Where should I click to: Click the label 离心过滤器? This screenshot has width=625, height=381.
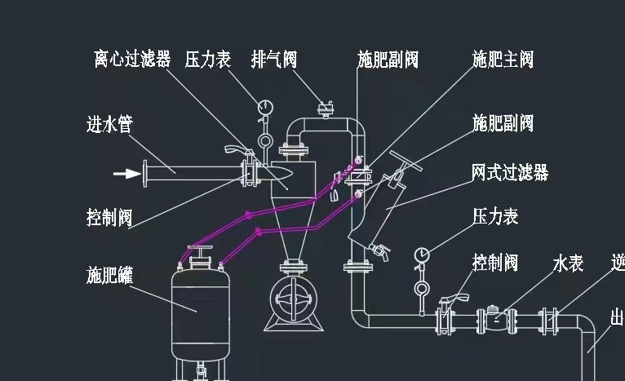pos(131,59)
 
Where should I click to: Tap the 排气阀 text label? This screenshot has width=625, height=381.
pos(274,59)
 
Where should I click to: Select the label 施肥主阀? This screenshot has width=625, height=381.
pos(503,59)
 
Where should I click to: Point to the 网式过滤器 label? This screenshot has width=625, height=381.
pos(510,172)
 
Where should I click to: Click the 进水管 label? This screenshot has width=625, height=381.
pos(109,124)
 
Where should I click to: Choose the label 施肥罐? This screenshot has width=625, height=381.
pos(109,274)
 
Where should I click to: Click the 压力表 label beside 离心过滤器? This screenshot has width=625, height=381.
pos(208,59)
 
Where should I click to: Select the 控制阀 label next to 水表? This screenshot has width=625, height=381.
pos(495,263)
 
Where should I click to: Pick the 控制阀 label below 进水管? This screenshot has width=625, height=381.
pos(109,218)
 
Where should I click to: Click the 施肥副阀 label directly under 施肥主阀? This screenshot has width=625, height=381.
pos(503,123)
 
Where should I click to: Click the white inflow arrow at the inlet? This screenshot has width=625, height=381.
pos(126,173)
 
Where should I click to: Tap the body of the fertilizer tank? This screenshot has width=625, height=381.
pos(197,311)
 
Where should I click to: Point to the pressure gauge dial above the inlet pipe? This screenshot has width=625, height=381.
pos(264,106)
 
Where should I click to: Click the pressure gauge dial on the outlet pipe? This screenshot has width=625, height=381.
pos(422,255)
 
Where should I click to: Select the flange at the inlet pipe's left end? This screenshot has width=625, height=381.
pos(145,173)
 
